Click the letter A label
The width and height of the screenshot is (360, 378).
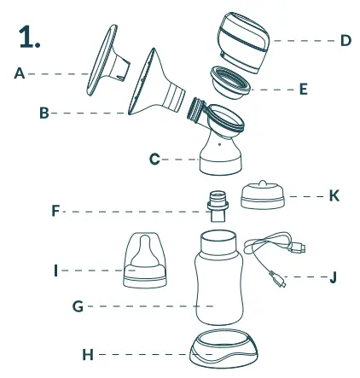[x=20, y=73]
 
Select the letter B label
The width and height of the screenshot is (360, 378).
[x=44, y=113]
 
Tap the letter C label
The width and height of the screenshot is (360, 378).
[x=154, y=159]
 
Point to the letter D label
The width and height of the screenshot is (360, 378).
[x=345, y=40]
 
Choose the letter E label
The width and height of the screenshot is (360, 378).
[x=303, y=88]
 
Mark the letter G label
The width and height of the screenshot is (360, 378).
[x=78, y=305]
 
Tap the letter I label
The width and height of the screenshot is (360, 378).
[x=56, y=270]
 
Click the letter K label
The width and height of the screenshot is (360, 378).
[x=334, y=195]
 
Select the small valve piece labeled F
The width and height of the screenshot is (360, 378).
[x=218, y=208]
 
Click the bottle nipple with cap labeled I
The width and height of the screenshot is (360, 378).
[x=145, y=258]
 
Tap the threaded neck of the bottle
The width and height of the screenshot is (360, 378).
[x=218, y=240]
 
